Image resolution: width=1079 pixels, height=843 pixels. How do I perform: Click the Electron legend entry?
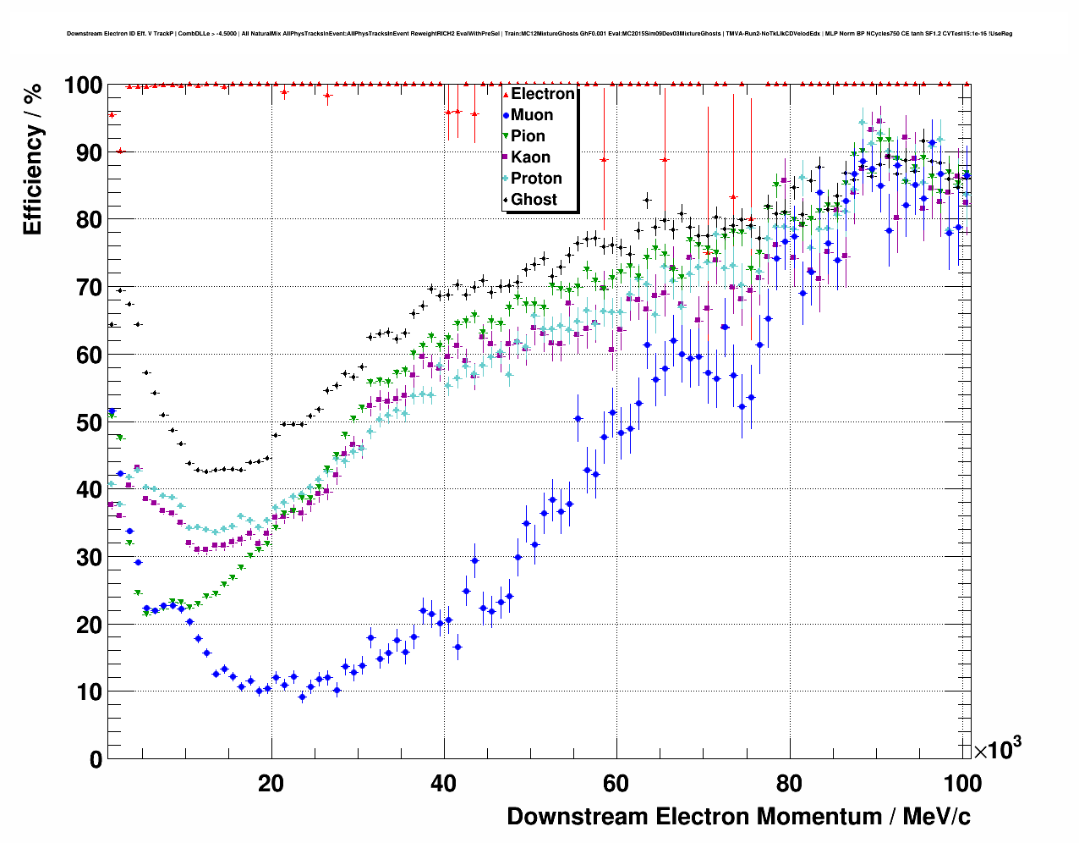click(542, 94)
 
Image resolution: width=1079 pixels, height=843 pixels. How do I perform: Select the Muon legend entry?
click(531, 115)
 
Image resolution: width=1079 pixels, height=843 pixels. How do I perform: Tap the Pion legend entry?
click(527, 136)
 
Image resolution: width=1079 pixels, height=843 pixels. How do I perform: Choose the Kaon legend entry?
click(530, 157)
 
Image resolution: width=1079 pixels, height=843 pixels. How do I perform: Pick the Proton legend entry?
click(536, 179)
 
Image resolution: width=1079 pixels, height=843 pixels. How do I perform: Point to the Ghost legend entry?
click(534, 200)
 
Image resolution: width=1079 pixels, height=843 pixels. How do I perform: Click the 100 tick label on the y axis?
click(83, 85)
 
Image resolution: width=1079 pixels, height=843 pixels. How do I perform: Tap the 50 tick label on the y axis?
click(89, 422)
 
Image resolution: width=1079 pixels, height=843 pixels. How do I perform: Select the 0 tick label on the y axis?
click(96, 759)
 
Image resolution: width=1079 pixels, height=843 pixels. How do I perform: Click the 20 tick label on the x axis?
click(271, 784)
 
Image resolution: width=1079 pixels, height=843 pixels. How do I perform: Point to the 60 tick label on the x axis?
click(616, 784)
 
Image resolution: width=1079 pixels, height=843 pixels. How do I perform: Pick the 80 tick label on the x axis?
click(789, 784)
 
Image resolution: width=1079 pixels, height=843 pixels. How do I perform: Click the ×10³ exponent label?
click(997, 749)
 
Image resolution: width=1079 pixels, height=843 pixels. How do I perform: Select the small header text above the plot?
click(539, 34)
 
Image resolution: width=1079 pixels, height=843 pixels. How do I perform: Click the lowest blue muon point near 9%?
click(302, 697)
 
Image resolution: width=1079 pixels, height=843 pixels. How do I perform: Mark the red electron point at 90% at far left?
click(120, 151)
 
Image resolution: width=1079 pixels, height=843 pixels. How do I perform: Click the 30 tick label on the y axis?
click(89, 557)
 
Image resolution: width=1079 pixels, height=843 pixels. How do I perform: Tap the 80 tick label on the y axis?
click(89, 220)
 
